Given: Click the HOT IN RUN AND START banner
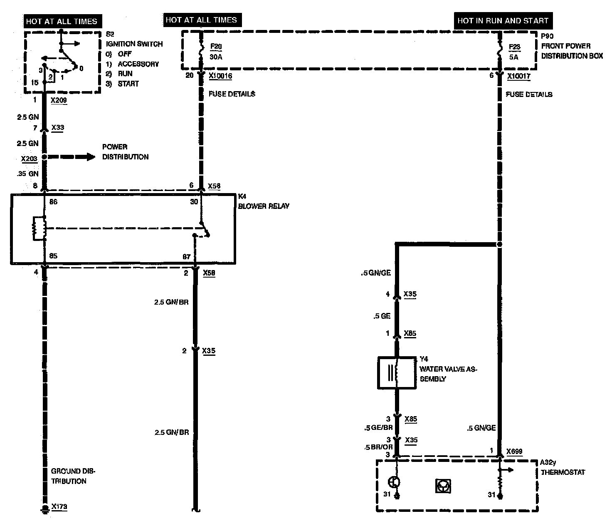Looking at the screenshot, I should [x=503, y=20].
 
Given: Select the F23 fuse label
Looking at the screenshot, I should [x=514, y=47].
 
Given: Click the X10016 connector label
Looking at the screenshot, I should [x=220, y=76].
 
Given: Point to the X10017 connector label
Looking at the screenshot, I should [x=519, y=76].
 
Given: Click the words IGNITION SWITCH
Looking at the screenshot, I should [x=134, y=44].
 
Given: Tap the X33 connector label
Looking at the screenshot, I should [x=57, y=128].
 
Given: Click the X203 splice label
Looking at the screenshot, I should [x=29, y=159].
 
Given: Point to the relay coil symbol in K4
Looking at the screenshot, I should [x=37, y=228].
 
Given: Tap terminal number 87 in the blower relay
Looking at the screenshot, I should [x=187, y=257].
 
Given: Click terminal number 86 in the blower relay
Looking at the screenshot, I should [x=53, y=202].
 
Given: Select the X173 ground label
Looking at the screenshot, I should [x=59, y=507].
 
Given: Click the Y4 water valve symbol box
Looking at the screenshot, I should [x=397, y=372].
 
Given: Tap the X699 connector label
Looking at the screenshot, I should [x=514, y=452].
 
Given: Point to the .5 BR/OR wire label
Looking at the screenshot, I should [x=378, y=447].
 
